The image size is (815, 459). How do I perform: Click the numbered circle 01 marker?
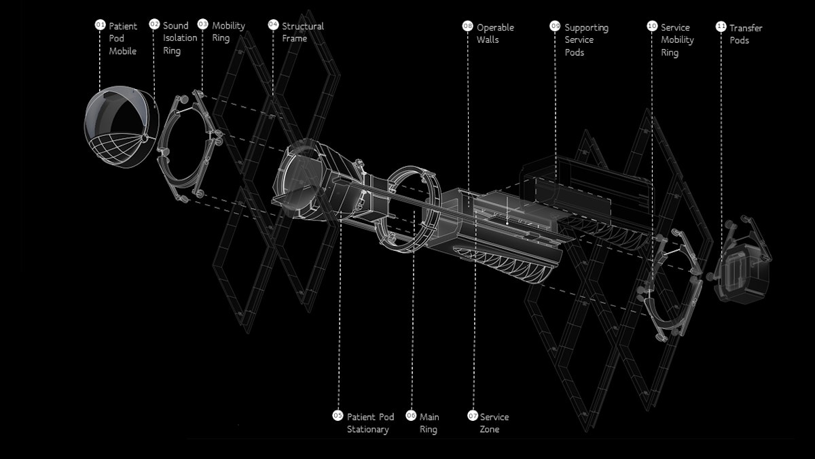(100, 25)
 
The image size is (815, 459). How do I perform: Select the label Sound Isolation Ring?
(179, 38)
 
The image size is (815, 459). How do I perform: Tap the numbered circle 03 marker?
(202, 24)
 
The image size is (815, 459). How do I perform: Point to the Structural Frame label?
(302, 32)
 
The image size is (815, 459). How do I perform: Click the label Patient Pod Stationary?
(370, 423)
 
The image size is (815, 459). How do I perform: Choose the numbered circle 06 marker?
(411, 415)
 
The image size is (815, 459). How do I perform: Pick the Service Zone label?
(494, 423)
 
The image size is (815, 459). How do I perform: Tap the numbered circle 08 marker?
(467, 26)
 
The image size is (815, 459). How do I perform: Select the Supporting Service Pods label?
(586, 39)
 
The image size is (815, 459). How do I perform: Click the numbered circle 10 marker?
(652, 26)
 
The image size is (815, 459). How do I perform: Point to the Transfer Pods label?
(745, 34)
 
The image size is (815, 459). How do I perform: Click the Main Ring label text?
(429, 423)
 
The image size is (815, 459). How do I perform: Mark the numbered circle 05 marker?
(338, 415)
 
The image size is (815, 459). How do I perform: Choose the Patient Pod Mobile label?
(123, 38)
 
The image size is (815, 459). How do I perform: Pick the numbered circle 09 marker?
(555, 26)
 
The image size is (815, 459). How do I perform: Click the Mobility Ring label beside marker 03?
(228, 32)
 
